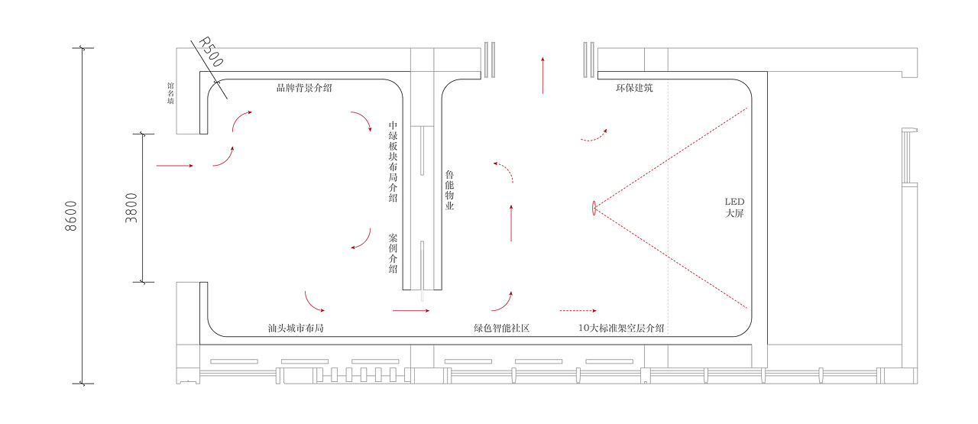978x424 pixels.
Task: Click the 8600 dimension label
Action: [x=71, y=216]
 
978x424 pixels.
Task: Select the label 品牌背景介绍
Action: [x=304, y=88]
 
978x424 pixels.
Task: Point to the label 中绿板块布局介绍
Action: [x=393, y=161]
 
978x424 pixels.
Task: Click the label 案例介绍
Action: [x=393, y=253]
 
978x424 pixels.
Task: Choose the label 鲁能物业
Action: [x=450, y=190]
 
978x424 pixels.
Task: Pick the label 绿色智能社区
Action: [x=502, y=329]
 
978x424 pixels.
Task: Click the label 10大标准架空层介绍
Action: [x=621, y=329]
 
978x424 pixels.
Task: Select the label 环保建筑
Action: [x=634, y=88]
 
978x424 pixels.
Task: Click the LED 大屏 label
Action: [x=734, y=207]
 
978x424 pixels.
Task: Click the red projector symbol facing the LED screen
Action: [x=594, y=208]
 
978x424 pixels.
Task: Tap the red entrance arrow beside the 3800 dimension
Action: [x=174, y=165]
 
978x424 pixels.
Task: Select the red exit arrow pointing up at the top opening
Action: [x=542, y=75]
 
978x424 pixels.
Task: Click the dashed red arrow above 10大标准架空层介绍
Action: [x=578, y=311]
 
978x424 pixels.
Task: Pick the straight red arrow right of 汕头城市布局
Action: [x=411, y=311]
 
